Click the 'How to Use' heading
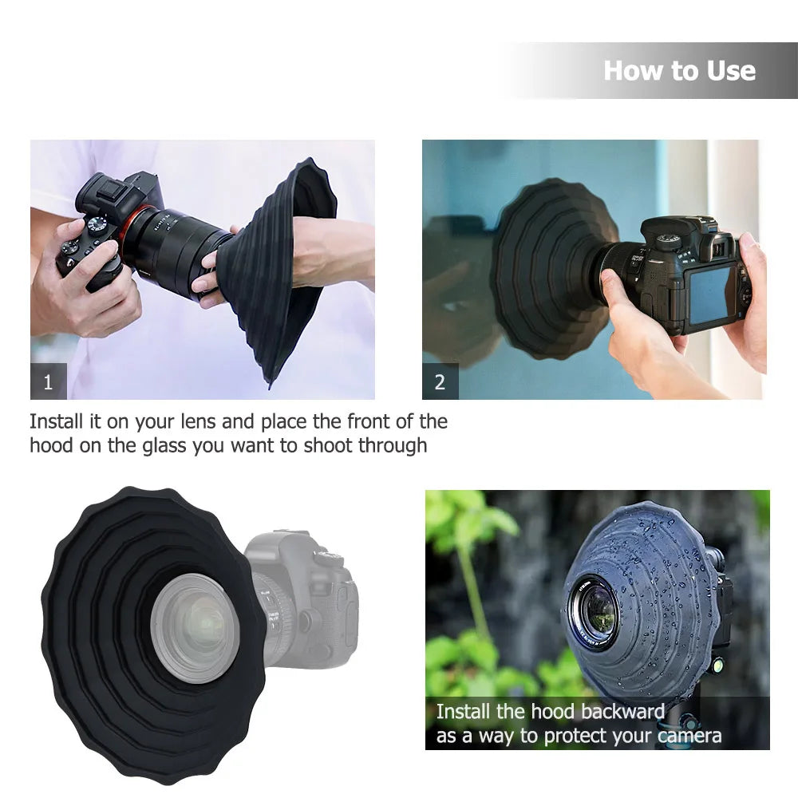click(679, 70)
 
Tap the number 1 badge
click(48, 382)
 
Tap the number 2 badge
click(440, 382)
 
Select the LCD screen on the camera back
click(709, 294)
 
